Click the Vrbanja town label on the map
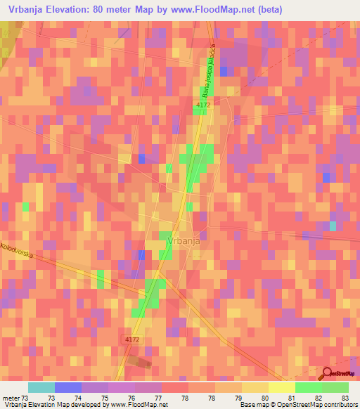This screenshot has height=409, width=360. point(184,240)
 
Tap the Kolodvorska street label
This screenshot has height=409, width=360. point(18,250)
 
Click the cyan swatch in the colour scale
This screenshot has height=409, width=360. point(41,387)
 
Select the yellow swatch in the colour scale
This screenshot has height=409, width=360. point(281,387)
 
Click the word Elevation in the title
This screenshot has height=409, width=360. point(75,9)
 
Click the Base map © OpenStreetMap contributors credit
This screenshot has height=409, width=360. point(297,405)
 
